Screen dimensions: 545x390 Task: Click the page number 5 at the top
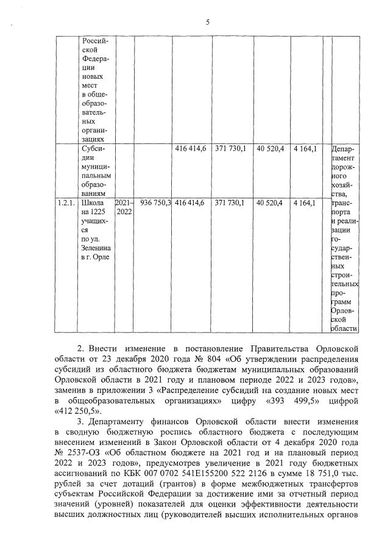point(207,23)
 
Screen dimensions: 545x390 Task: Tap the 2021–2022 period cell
point(123,207)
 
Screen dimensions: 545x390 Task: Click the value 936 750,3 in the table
point(155,202)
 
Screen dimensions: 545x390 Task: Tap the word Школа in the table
point(92,202)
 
